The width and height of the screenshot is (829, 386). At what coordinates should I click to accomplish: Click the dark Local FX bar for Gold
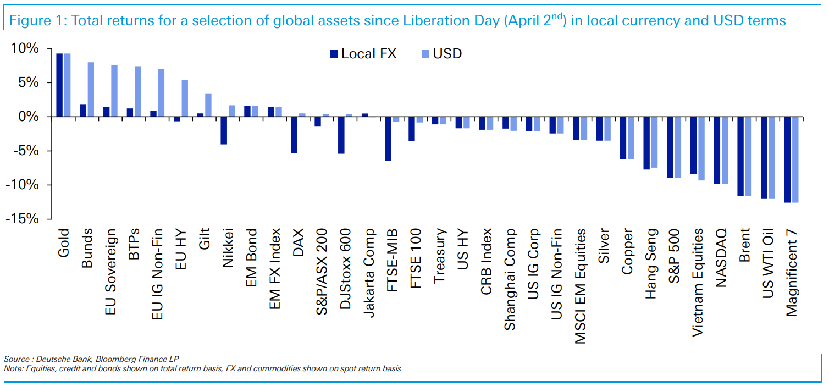coord(59,85)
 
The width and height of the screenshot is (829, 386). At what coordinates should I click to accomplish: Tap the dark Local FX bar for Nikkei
coord(224,130)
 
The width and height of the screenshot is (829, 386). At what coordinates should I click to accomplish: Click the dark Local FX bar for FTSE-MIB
coord(388,139)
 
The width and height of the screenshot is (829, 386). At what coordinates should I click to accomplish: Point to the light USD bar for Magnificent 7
coord(795,159)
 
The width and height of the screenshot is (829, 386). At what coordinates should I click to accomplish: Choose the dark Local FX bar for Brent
coord(740,156)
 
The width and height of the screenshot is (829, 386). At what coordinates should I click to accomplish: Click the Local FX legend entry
coord(363,54)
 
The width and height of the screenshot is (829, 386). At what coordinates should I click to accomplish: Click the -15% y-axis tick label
coord(23,219)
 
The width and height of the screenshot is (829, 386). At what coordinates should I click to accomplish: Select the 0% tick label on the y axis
coord(29,117)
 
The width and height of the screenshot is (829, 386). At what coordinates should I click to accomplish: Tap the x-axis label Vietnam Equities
coord(698,275)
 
